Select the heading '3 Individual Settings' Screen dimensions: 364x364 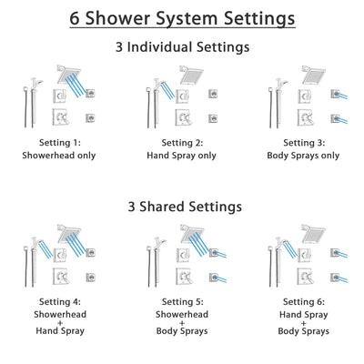[182, 46]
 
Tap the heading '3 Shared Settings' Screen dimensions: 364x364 [182, 207]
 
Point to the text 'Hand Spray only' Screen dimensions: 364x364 [182, 155]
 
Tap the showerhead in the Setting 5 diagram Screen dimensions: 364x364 [192, 234]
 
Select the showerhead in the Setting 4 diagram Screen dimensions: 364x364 [68, 234]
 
